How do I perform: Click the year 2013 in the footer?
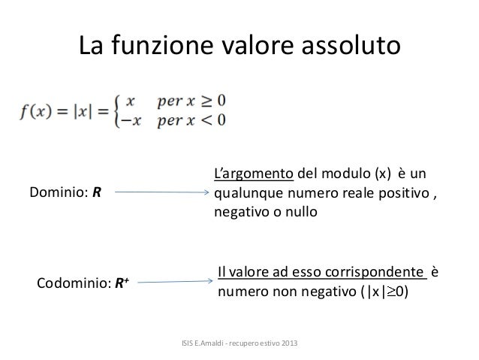(288, 344)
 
